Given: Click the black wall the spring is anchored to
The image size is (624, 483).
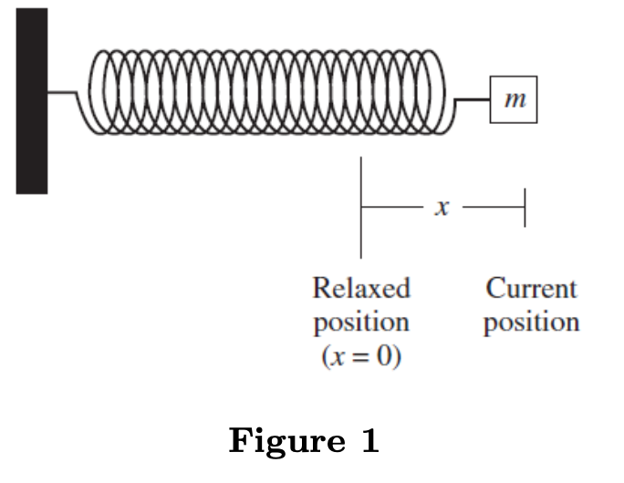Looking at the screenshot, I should [31, 100].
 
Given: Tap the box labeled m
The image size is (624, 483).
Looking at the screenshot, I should [515, 99].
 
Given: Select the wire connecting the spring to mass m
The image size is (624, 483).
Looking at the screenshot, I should [472, 99].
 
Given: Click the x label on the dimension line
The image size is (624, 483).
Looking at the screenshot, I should [442, 208].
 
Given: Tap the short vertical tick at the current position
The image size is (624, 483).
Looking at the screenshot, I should [525, 208].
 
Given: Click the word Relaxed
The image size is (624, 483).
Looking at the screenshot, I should [361, 289].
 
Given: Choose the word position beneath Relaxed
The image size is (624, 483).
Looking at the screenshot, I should [361, 323].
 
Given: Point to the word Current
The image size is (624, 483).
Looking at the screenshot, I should [531, 289].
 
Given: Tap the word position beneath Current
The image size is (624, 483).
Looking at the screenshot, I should [531, 323].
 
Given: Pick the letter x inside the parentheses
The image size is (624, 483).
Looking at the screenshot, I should [341, 356].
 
